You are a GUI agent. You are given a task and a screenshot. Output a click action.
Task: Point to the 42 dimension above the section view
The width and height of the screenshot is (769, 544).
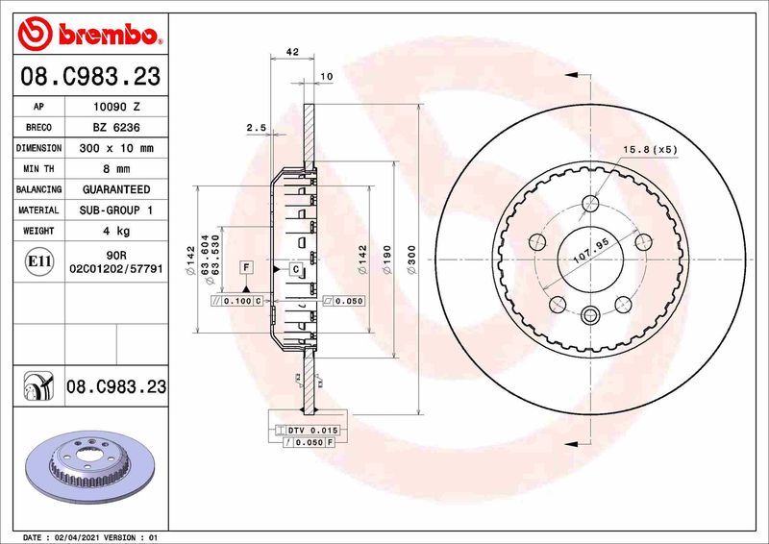coord(293,52)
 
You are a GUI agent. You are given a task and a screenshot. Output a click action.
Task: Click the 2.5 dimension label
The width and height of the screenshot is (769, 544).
coord(256,127)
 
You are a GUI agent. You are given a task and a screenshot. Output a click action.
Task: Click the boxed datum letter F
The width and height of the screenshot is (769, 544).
coord(246,265)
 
